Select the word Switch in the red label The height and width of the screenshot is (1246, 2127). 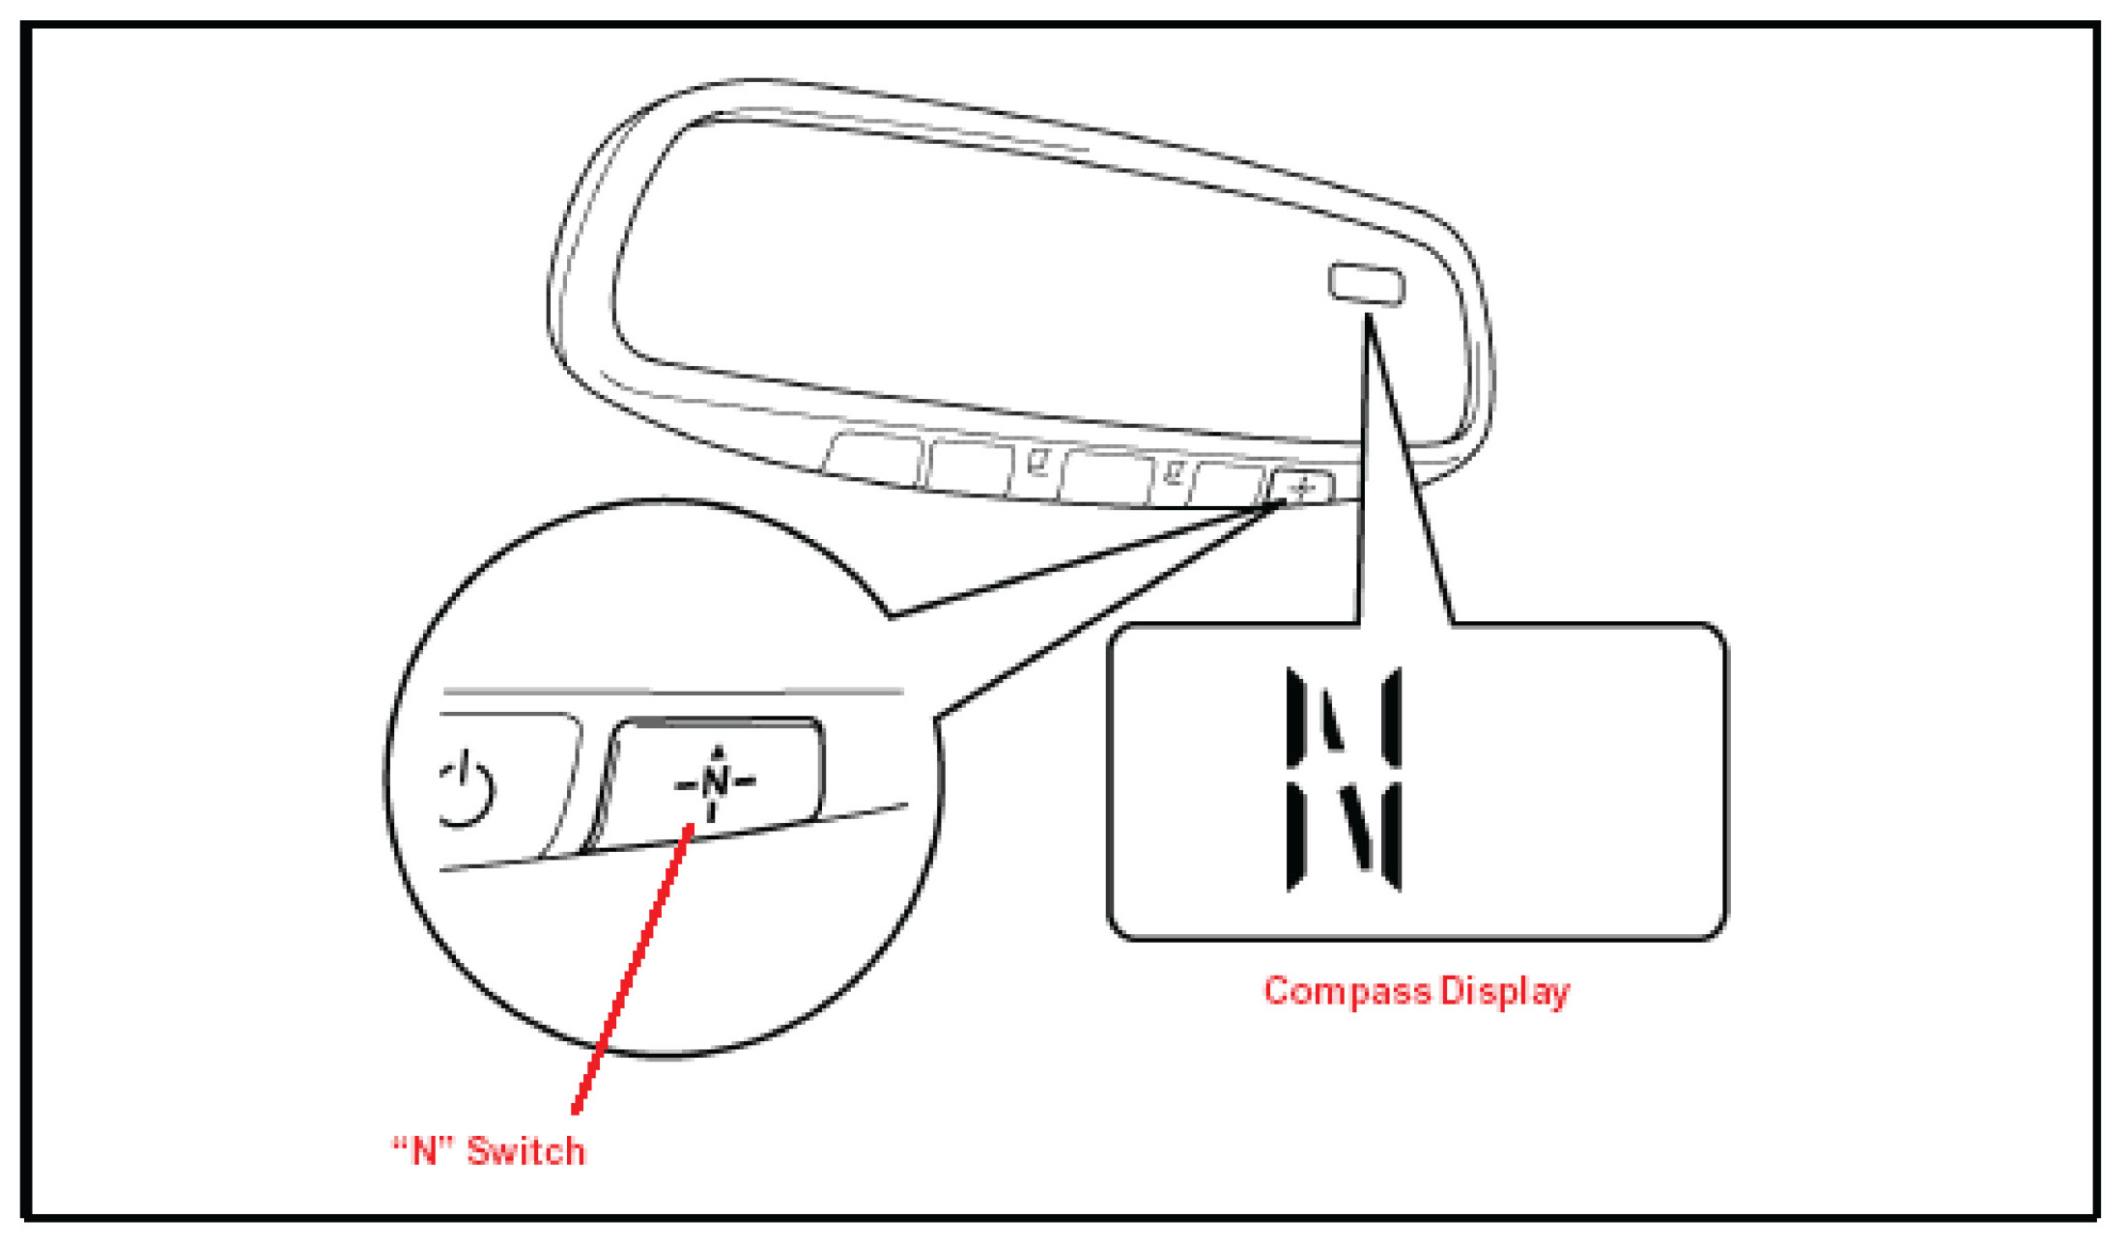pyautogui.click(x=525, y=1151)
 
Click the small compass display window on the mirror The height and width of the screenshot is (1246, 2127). pyautogui.click(x=1366, y=284)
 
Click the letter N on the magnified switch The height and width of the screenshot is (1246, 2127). pyautogui.click(x=716, y=780)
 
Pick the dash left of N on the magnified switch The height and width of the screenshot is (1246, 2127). pyautogui.click(x=685, y=783)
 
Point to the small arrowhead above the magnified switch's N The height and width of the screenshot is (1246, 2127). pyautogui.click(x=717, y=751)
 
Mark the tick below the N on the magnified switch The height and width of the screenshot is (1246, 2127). pyautogui.click(x=713, y=811)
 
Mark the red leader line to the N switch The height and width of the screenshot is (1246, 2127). pyautogui.click(x=633, y=966)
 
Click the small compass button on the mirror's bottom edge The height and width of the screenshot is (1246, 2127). pyautogui.click(x=1301, y=486)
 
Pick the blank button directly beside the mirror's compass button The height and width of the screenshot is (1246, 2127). pyautogui.click(x=1228, y=481)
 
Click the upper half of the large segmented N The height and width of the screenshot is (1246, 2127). pyautogui.click(x=1343, y=718)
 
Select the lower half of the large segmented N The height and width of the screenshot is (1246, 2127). pyautogui.click(x=1343, y=836)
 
